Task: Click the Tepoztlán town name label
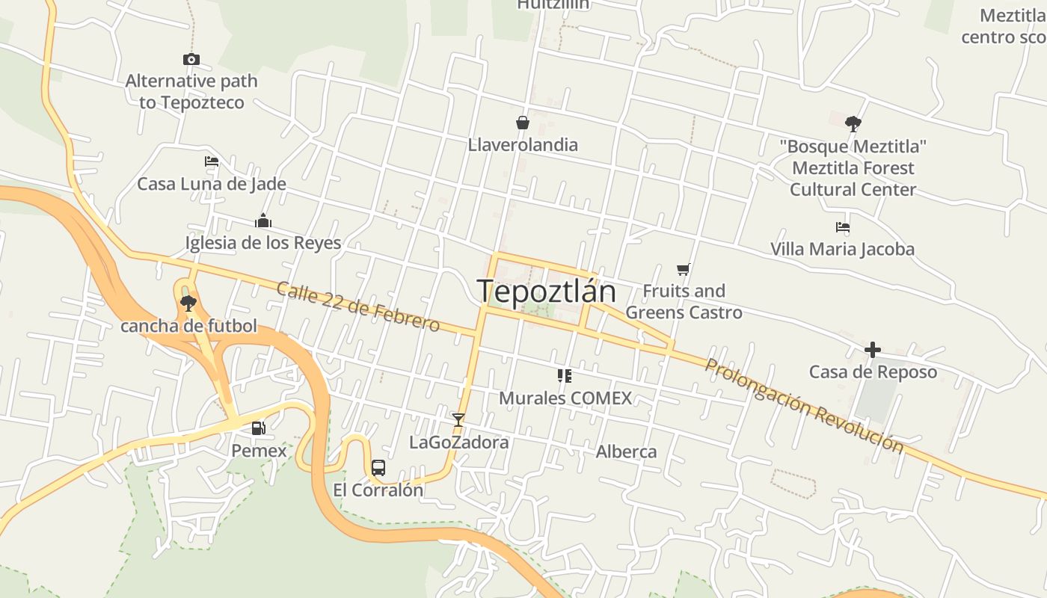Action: coord(547,291)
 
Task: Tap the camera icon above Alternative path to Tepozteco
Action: coord(191,59)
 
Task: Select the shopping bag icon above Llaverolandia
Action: coord(522,123)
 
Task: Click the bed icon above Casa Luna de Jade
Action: coord(212,161)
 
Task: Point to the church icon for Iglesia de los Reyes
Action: coord(262,221)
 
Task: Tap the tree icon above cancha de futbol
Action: coord(188,303)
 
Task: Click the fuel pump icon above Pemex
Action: coord(258,428)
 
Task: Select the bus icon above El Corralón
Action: coord(378,468)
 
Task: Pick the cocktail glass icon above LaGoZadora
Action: coord(458,420)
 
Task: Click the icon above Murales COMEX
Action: coord(565,375)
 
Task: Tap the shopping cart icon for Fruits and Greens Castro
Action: coord(683,269)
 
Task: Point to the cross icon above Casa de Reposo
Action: coord(872,349)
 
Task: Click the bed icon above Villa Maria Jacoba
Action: coord(843,226)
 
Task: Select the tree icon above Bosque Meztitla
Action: coord(853,123)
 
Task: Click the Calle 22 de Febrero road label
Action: coord(357,306)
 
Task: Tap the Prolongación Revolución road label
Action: coord(805,406)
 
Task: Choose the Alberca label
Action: coord(626,451)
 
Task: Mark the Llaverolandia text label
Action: coord(523,144)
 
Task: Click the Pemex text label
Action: coord(259,451)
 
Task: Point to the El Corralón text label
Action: coord(378,490)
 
